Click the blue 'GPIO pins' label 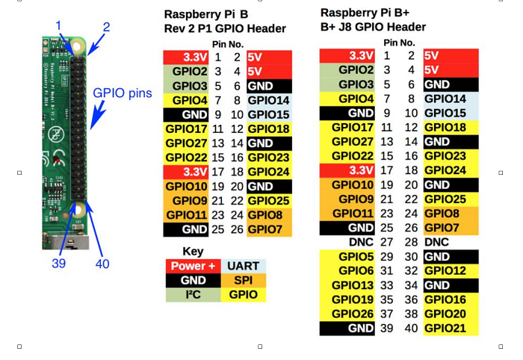[123, 93]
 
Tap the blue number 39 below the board [58, 263]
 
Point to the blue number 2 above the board [106, 28]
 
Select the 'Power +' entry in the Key [193, 266]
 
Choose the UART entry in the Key [243, 266]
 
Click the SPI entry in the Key [243, 280]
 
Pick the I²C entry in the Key [193, 294]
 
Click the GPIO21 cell [447, 328]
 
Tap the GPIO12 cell [447, 271]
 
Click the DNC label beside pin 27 [361, 243]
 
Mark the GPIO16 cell [447, 300]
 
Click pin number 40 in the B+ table [411, 328]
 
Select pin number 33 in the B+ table [387, 285]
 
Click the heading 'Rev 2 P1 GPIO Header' [225, 28]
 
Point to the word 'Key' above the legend [193, 251]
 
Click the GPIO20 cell [447, 314]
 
